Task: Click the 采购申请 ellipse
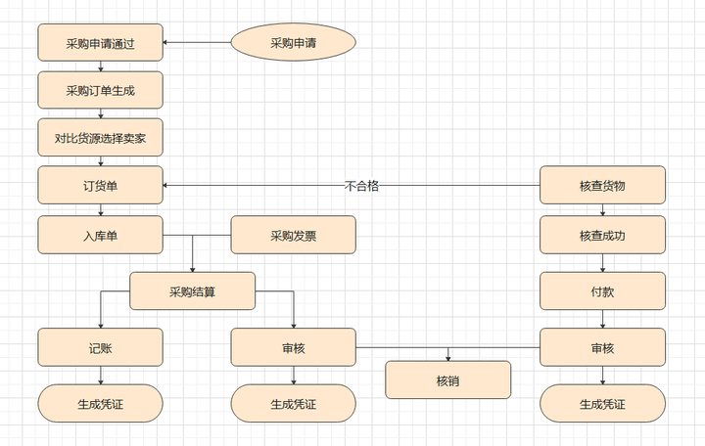pyautogui.click(x=293, y=42)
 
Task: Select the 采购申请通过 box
pyautogui.click(x=100, y=42)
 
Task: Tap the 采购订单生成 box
pyautogui.click(x=100, y=90)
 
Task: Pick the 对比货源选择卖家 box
pyautogui.click(x=100, y=138)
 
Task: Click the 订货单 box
pyautogui.click(x=100, y=185)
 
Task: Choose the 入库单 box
pyautogui.click(x=100, y=235)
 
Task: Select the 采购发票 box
pyautogui.click(x=293, y=235)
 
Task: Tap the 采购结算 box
pyautogui.click(x=193, y=290)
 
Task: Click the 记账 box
pyautogui.click(x=100, y=347)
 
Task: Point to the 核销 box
pyautogui.click(x=447, y=379)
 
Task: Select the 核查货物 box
pyautogui.click(x=602, y=185)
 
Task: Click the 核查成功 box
pyautogui.click(x=602, y=235)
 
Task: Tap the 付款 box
pyautogui.click(x=602, y=290)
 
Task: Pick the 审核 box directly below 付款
pyautogui.click(x=602, y=347)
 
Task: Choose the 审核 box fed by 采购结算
pyautogui.click(x=293, y=347)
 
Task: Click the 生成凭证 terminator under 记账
pyautogui.click(x=100, y=403)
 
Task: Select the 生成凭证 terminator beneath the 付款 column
pyautogui.click(x=602, y=403)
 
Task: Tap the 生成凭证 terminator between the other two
pyautogui.click(x=293, y=403)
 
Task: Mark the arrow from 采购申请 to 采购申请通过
pyautogui.click(x=196, y=42)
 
